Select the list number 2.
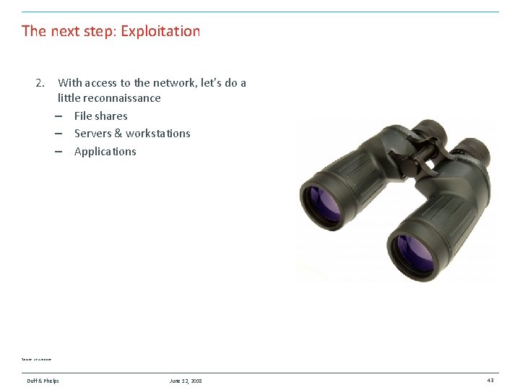click(x=40, y=83)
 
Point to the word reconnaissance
click(x=121, y=97)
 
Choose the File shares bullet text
click(x=100, y=116)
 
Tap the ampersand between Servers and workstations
click(x=118, y=133)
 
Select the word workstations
click(x=157, y=133)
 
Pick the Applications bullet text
click(x=105, y=151)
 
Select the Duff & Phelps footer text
click(x=43, y=381)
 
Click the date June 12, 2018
click(x=186, y=381)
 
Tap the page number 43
click(x=490, y=381)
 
